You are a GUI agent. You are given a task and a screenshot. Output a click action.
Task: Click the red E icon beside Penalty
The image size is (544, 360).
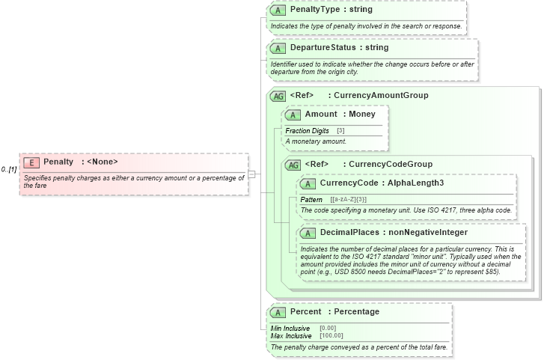tap(31, 162)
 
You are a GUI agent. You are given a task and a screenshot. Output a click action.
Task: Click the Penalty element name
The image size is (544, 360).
tap(58, 162)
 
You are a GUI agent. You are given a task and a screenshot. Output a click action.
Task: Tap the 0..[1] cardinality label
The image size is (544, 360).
tap(9, 170)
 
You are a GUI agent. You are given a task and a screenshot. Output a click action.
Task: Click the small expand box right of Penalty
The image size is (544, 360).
tap(252, 174)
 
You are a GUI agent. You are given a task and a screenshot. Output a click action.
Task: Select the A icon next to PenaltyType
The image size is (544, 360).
tap(278, 10)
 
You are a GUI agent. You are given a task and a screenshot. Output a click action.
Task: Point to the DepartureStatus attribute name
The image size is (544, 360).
tap(323, 48)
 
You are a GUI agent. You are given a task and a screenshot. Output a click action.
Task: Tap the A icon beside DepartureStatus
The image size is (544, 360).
tap(278, 49)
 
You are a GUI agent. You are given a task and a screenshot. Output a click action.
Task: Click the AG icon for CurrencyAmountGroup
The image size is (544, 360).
tap(278, 96)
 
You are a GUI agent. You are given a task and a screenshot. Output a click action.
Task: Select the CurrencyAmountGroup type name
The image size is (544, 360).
tap(381, 96)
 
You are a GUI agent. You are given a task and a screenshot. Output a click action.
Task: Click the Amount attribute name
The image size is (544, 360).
tap(321, 115)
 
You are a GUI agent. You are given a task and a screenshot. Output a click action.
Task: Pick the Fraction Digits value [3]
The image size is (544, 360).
tap(340, 131)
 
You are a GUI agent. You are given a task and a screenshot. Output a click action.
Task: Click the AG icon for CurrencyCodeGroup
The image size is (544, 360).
tap(293, 165)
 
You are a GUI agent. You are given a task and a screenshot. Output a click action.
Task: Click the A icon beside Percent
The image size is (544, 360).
tap(278, 312)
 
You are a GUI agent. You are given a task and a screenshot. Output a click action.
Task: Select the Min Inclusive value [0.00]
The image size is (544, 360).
tap(328, 329)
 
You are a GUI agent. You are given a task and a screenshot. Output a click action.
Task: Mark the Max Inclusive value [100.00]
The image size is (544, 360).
tap(331, 336)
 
